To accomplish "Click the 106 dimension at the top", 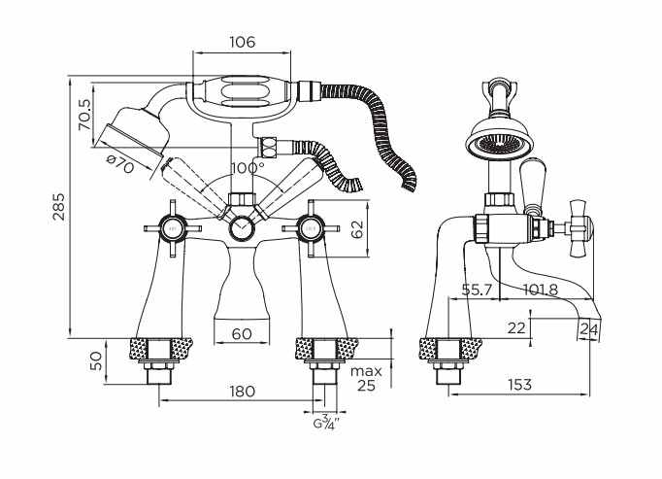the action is coord(243,42).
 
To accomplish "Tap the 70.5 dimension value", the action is coord(84,115).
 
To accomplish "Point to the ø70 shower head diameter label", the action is coord(120,164).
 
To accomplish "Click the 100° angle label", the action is coord(248,168).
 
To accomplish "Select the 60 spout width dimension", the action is coord(242,333).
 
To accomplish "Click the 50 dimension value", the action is coord(97,361).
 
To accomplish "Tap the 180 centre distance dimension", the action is coord(243,391).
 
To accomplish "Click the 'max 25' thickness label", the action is coord(366,378).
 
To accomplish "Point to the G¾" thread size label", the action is coord(326,423).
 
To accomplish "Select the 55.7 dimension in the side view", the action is coord(477,290).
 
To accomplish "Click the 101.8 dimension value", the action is coord(541,290).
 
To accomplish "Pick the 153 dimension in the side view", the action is coord(519,385).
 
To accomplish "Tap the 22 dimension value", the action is coord(516,327).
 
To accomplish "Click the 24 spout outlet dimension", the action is coord(588,328).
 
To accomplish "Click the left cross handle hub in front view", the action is coord(172,228).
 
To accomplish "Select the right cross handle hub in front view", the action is coord(311,228).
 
